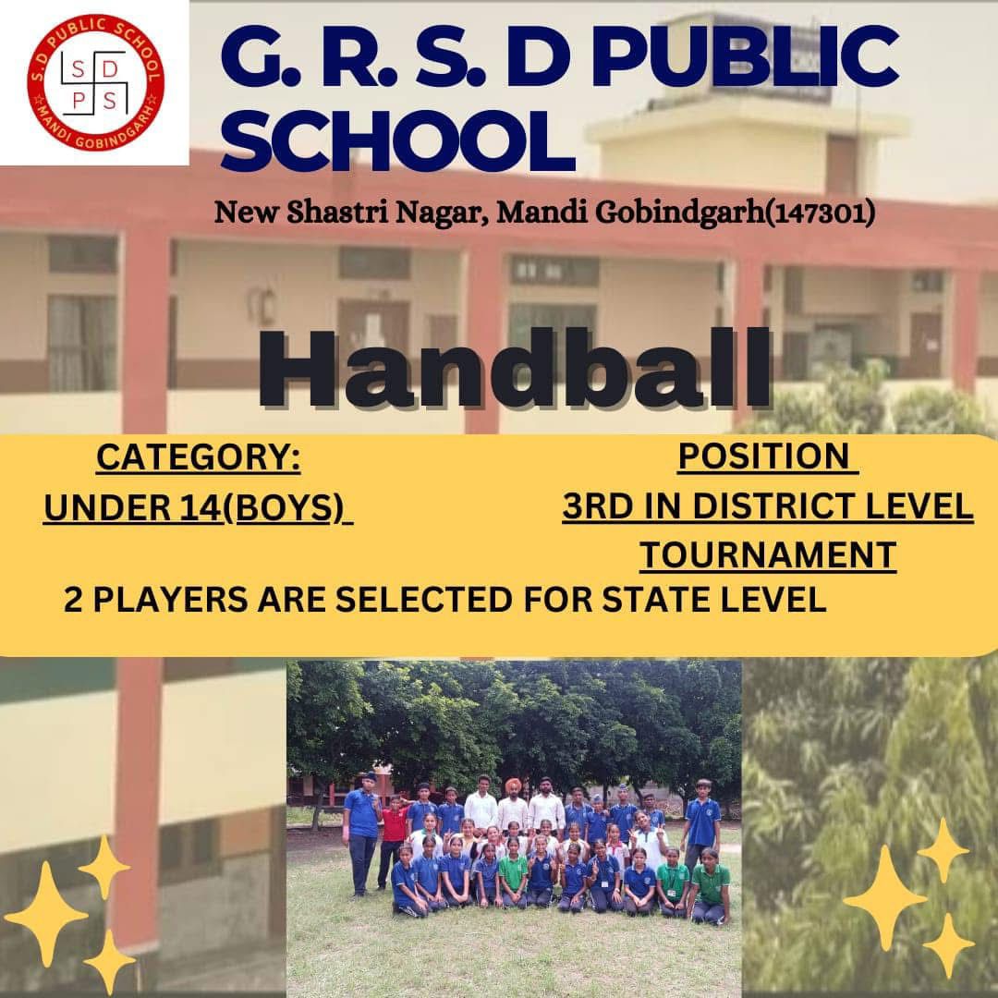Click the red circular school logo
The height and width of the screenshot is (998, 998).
(95, 83)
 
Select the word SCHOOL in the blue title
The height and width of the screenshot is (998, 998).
(397, 140)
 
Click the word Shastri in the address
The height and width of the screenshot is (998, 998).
(336, 212)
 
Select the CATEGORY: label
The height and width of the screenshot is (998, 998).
(199, 457)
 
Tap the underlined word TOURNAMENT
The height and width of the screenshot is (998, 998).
(768, 555)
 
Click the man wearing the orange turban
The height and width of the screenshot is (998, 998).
(513, 805)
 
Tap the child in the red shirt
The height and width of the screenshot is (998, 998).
(393, 840)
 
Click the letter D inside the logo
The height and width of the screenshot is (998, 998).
(109, 70)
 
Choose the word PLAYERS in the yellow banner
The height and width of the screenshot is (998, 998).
(170, 600)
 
